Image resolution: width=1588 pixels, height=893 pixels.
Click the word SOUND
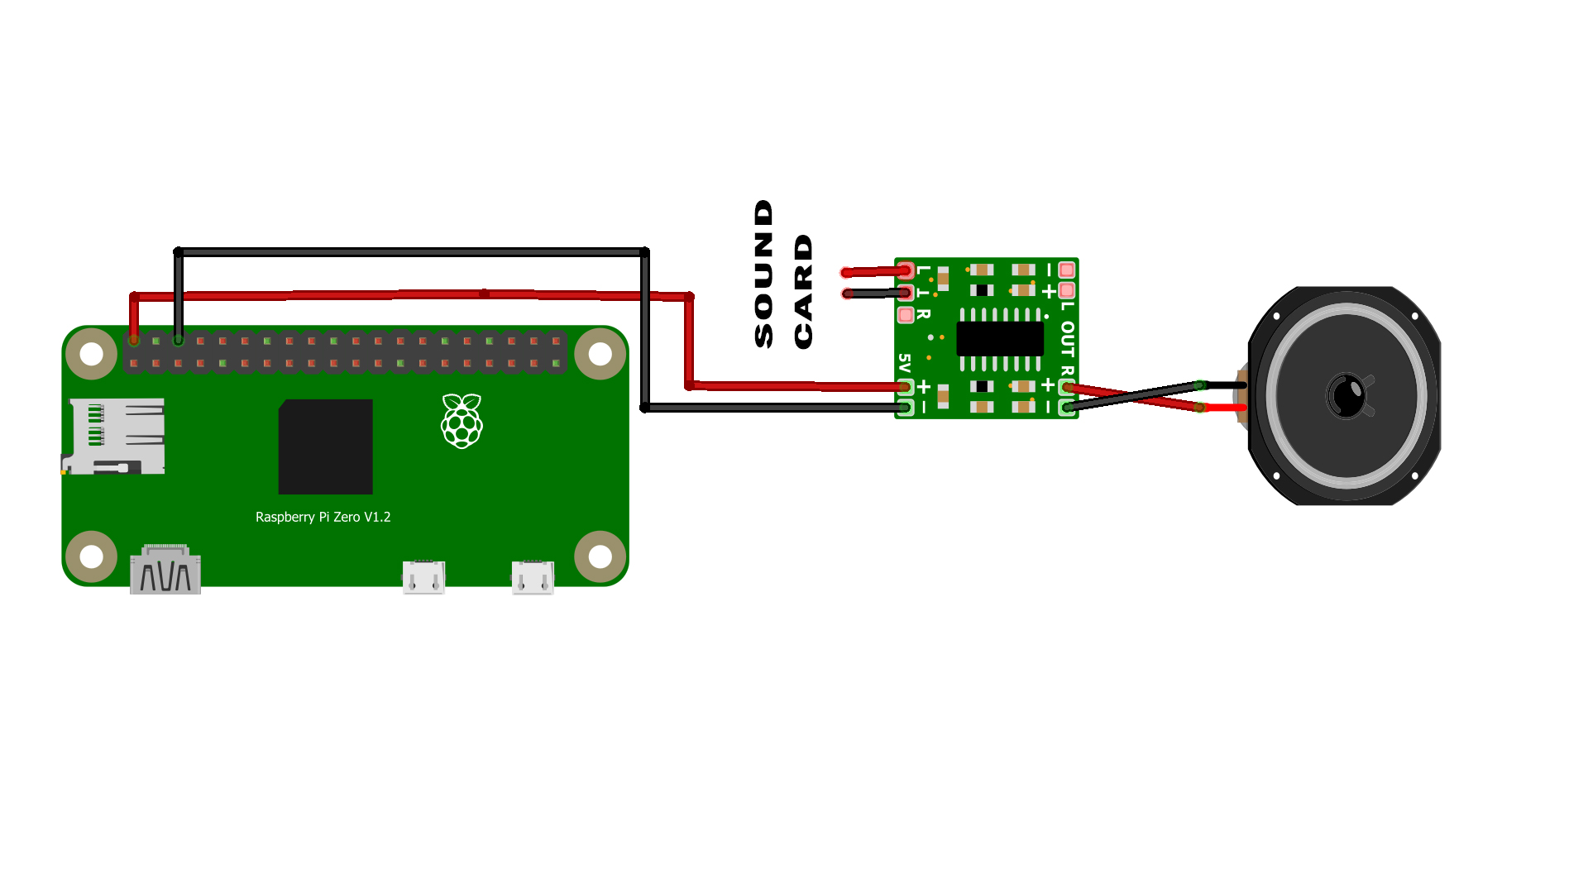pos(763,274)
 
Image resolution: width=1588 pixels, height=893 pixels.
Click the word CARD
pos(803,291)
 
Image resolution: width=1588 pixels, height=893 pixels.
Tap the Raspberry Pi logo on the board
pos(462,421)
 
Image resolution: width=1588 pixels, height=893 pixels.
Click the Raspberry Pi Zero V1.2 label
pos(323,517)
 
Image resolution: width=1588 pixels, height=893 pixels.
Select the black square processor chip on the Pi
pos(325,446)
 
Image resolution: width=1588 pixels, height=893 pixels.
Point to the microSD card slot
pos(114,436)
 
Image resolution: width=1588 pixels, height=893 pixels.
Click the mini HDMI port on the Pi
pos(165,569)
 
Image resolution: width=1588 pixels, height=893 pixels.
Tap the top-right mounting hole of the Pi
pos(600,354)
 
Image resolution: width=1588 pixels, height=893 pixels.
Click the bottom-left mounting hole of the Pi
pos(91,556)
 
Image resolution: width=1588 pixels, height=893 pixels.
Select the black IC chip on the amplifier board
pos(1000,339)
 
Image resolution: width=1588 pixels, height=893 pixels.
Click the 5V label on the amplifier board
pos(904,364)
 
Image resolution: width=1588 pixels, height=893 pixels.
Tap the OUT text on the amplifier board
pos(1067,339)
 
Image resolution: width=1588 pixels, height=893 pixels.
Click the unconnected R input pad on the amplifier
pos(906,315)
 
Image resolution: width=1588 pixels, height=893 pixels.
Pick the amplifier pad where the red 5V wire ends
pos(906,386)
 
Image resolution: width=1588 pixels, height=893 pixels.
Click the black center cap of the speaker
pos(1347,395)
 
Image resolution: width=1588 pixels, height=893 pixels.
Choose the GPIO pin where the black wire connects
pos(178,341)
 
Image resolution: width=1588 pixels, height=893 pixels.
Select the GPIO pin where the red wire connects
pos(134,341)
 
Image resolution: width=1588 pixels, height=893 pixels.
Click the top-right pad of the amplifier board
pos(1067,270)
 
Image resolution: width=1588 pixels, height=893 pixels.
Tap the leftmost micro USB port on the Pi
pos(423,577)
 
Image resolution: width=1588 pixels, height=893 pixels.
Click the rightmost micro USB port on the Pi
pos(533,577)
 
